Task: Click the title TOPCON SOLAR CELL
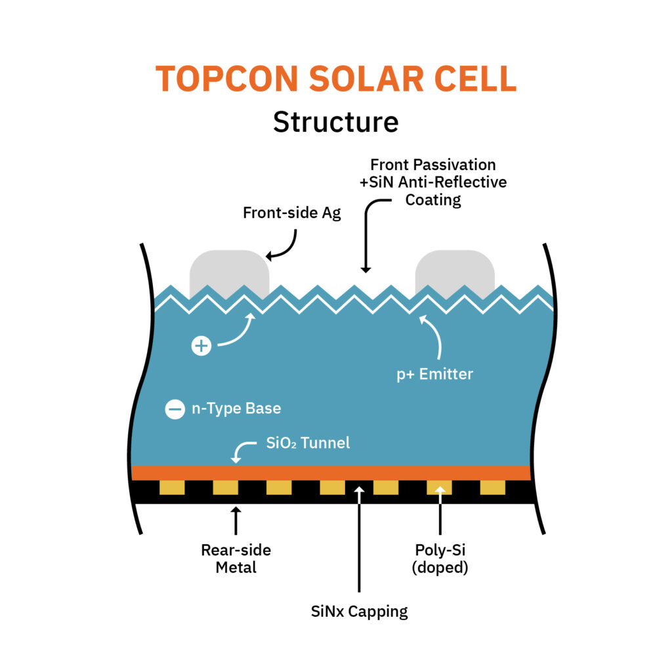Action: (x=336, y=79)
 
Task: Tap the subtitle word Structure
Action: (x=336, y=122)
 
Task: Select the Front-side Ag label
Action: (x=292, y=213)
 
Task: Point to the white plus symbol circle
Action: (x=201, y=346)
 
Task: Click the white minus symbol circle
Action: (x=175, y=409)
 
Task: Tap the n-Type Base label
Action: (x=236, y=409)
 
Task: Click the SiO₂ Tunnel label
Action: (x=308, y=443)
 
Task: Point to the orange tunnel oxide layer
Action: (x=331, y=472)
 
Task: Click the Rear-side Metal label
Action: (x=236, y=558)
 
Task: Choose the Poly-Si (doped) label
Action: (x=440, y=558)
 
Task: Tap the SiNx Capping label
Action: (x=359, y=612)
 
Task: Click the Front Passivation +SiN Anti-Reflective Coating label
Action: (x=432, y=182)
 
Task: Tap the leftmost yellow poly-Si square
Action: (x=172, y=488)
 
